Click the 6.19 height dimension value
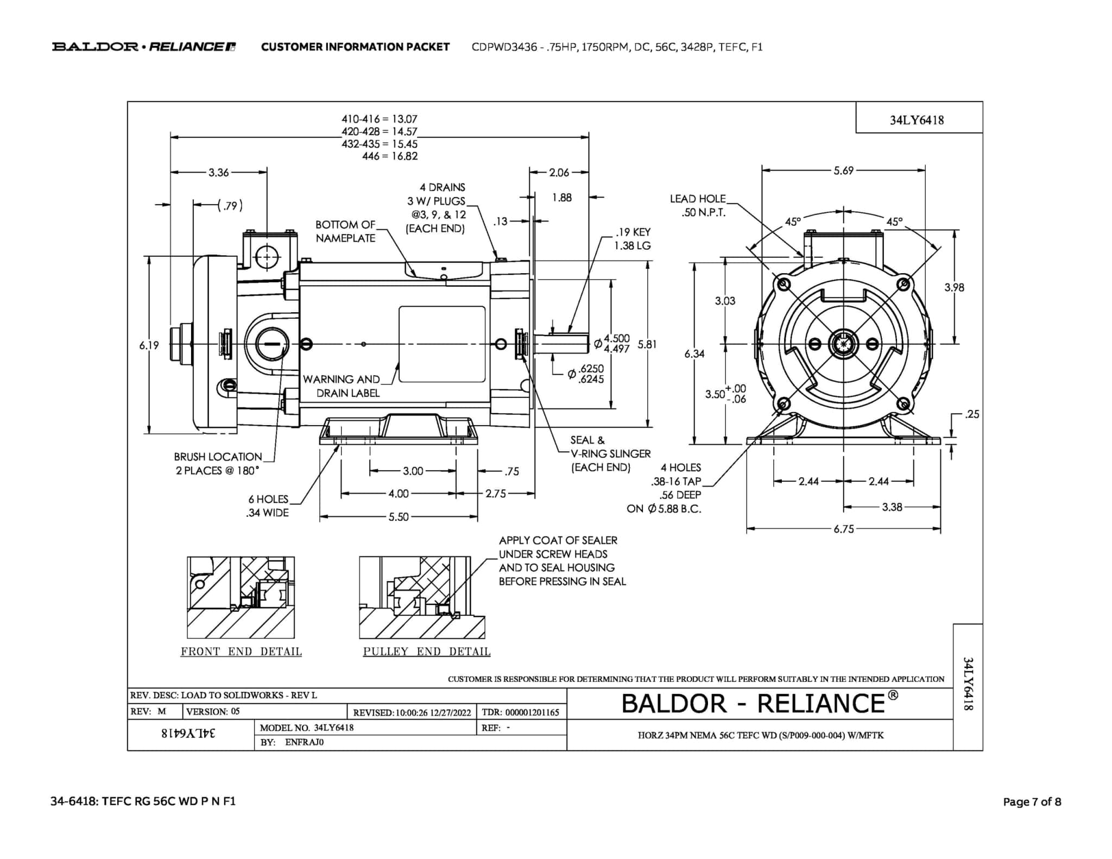(x=149, y=345)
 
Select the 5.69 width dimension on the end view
(x=843, y=170)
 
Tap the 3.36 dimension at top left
(x=219, y=173)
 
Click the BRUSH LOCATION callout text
(x=218, y=464)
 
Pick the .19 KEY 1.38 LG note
(x=633, y=239)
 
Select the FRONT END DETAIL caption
(x=241, y=652)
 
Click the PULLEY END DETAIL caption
(x=427, y=652)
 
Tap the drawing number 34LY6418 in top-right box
(x=917, y=120)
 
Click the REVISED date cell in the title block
(x=412, y=712)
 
